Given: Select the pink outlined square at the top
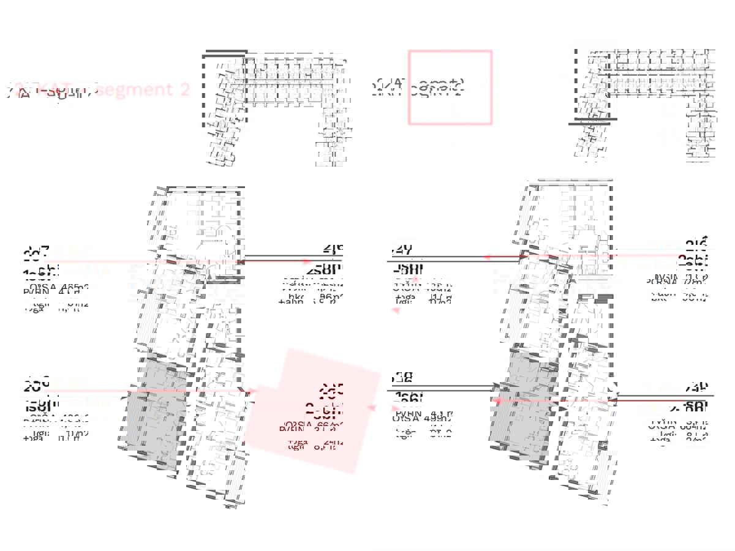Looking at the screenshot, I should pyautogui.click(x=450, y=88).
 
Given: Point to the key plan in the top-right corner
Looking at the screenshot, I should pyautogui.click(x=643, y=104).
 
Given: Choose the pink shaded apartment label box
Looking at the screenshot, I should pyautogui.click(x=312, y=410).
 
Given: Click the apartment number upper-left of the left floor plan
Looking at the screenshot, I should pyautogui.click(x=36, y=252).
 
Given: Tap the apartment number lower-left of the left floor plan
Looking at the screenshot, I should pyautogui.click(x=36, y=385).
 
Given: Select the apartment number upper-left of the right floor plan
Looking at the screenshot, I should pyautogui.click(x=401, y=250).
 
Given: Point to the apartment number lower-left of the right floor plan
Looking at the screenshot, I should pyautogui.click(x=401, y=378).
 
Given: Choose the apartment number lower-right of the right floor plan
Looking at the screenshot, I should pyautogui.click(x=698, y=386).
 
